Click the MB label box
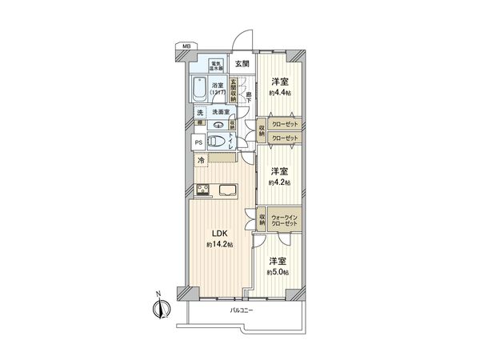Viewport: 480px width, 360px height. pyautogui.click(x=186, y=47)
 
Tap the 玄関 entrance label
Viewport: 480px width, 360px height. pyautogui.click(x=241, y=63)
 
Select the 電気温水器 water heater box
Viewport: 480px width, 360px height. pyautogui.click(x=216, y=66)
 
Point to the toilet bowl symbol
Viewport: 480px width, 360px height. pyautogui.click(x=212, y=142)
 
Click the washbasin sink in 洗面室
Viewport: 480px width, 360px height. pyautogui.click(x=219, y=125)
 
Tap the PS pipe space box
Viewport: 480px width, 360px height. pyautogui.click(x=198, y=142)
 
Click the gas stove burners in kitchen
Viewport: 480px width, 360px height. pyautogui.click(x=202, y=190)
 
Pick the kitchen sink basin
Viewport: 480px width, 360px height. pyautogui.click(x=226, y=190)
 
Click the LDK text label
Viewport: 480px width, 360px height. pyautogui.click(x=221, y=234)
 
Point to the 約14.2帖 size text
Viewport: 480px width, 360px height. pyautogui.click(x=221, y=245)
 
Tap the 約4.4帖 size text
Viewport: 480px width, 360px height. pyautogui.click(x=279, y=92)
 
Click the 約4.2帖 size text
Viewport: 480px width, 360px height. pyautogui.click(x=279, y=182)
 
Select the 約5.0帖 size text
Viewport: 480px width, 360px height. pyautogui.click(x=279, y=273)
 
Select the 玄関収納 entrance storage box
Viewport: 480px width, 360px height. pyautogui.click(x=234, y=86)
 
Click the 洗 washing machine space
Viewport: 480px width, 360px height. pyautogui.click(x=200, y=113)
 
